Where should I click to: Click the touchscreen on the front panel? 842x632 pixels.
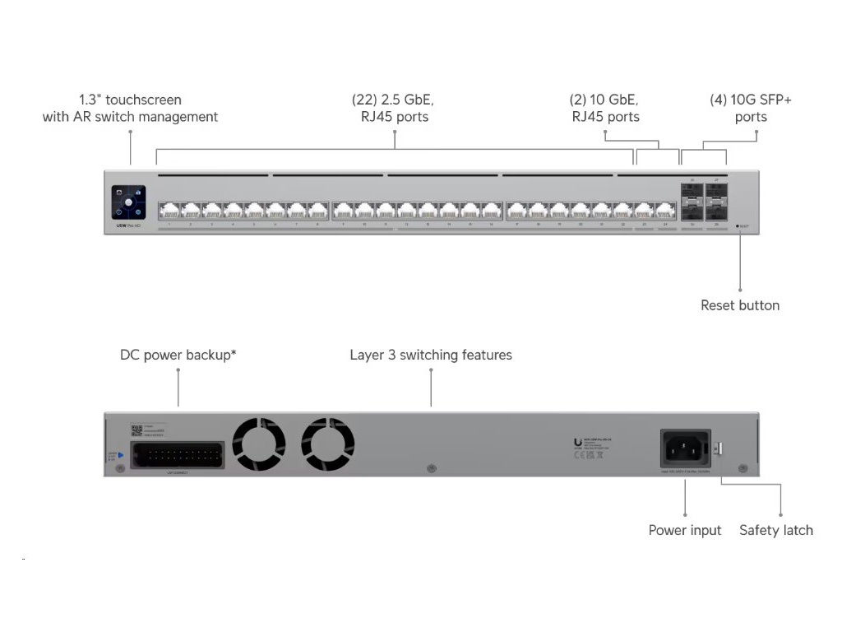coord(129,202)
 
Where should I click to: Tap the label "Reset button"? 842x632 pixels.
coord(740,305)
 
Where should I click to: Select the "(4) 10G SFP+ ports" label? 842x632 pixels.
coord(751,109)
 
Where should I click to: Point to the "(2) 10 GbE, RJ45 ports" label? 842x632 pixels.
coord(605,109)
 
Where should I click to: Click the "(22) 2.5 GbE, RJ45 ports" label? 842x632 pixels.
coord(394,109)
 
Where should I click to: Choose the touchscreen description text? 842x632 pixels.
coord(130,109)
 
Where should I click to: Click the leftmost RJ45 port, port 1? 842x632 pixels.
coord(169,210)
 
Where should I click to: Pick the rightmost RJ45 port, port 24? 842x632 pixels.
coord(665,210)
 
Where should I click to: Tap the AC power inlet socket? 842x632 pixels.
coord(685,448)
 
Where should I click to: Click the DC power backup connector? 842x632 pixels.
coord(177,455)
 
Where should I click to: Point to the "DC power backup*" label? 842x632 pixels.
coord(178,355)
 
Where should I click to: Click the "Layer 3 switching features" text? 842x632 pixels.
coord(431,355)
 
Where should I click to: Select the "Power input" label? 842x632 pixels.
coord(685,530)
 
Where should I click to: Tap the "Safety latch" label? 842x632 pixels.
coord(776,530)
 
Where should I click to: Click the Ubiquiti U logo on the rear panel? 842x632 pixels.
coord(577,443)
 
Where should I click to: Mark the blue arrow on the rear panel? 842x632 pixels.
coord(120,454)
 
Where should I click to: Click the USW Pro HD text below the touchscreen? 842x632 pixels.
coord(127,225)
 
